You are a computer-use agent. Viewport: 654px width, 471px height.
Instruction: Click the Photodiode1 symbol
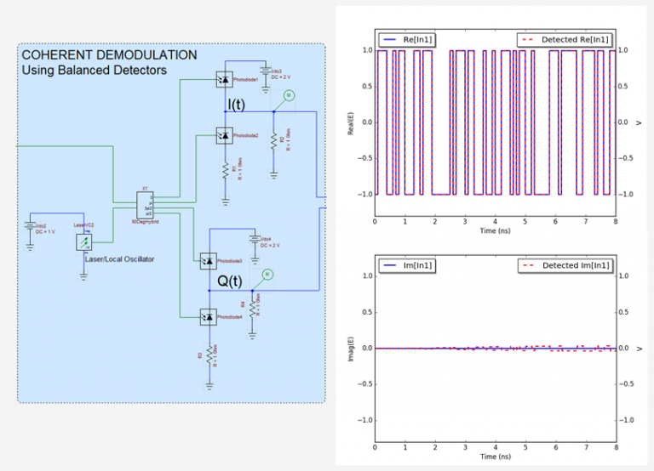pyautogui.click(x=225, y=78)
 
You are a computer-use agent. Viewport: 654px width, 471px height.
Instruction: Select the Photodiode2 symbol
pyautogui.click(x=225, y=134)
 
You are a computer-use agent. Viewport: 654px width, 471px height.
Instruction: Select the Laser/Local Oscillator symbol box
pyautogui.click(x=83, y=243)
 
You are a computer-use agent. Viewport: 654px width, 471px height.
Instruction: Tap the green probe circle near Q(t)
pyautogui.click(x=267, y=274)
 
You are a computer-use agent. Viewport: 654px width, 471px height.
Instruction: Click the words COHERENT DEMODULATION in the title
pyautogui.click(x=108, y=55)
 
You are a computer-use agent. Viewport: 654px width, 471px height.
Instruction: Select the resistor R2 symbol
pyautogui.click(x=273, y=140)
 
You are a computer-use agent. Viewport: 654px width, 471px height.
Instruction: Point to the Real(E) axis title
pyautogui.click(x=349, y=121)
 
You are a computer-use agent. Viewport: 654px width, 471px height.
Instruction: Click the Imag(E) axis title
pyautogui.click(x=349, y=348)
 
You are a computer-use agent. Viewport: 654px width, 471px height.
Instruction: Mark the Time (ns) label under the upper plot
pyautogui.click(x=495, y=230)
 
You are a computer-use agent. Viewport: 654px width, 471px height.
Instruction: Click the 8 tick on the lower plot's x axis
pyautogui.click(x=615, y=447)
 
